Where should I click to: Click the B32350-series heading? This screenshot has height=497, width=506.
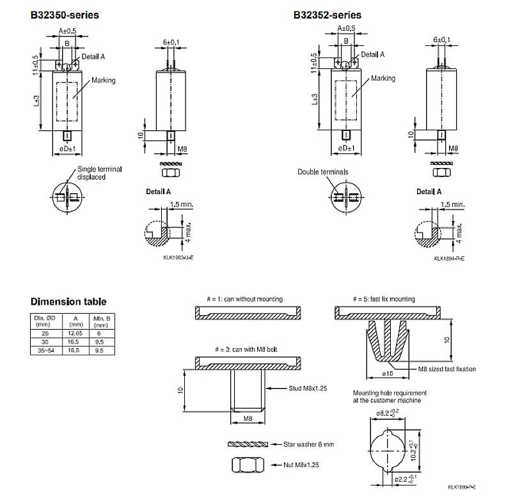pyautogui.click(x=65, y=14)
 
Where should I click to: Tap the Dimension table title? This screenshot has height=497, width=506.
pyautogui.click(x=68, y=302)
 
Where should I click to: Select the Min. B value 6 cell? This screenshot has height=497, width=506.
pyautogui.click(x=99, y=333)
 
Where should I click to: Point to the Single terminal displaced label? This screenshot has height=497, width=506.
pyautogui.click(x=99, y=173)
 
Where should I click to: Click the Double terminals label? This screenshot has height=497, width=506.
pyautogui.click(x=322, y=172)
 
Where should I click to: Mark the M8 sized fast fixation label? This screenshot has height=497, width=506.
pyautogui.click(x=447, y=369)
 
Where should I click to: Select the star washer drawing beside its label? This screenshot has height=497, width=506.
pyautogui.click(x=246, y=443)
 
